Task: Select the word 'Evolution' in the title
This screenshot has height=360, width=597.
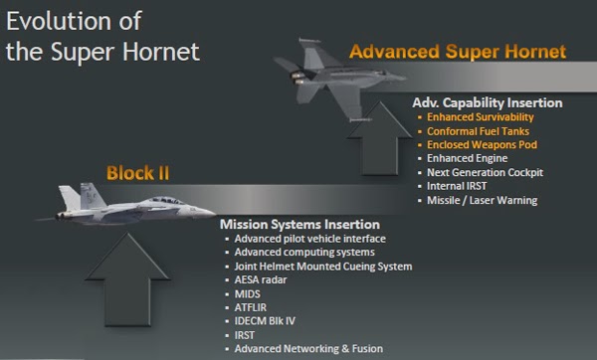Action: pos(52,21)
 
